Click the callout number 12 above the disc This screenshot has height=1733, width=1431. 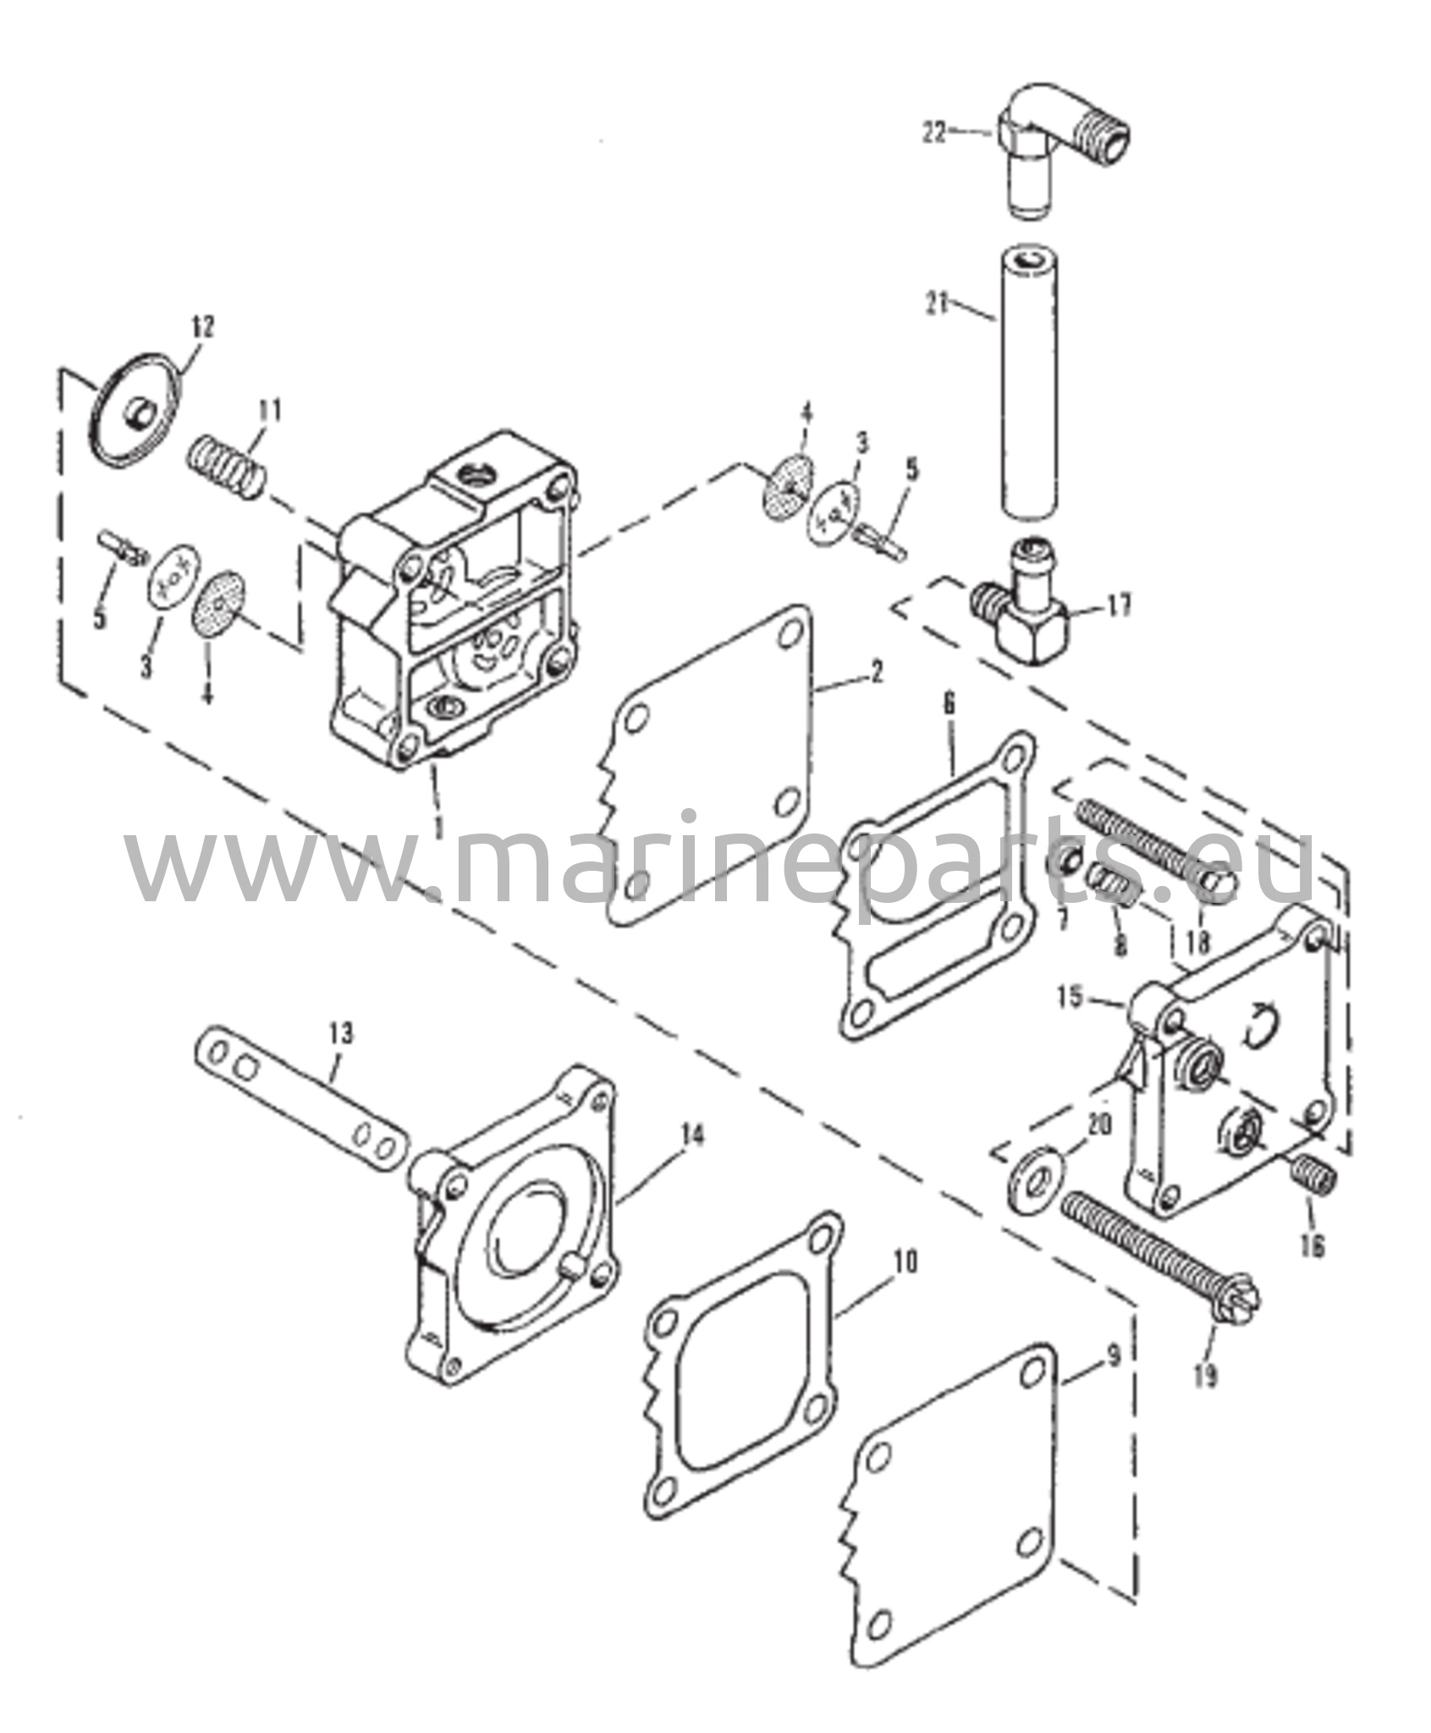coord(203,327)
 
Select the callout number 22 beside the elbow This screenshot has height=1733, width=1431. coord(934,134)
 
